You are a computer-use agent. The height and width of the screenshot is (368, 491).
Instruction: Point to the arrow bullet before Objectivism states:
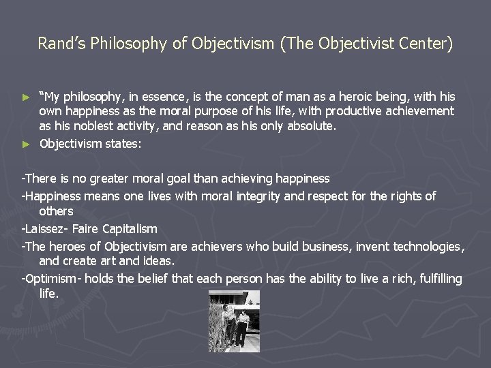pyautogui.click(x=27, y=144)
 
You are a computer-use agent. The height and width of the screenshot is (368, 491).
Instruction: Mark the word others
pyautogui.click(x=56, y=212)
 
